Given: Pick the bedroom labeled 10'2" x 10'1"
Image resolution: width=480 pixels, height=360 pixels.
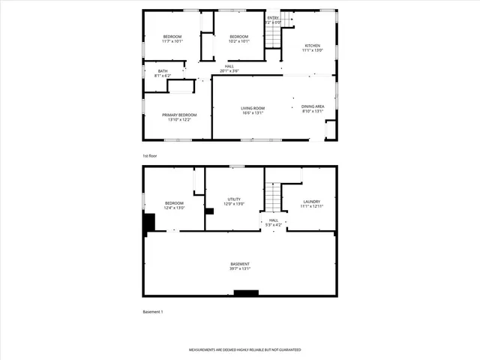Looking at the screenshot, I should click(x=238, y=39).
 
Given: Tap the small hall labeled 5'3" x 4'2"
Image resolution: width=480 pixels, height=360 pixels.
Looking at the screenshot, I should click(x=274, y=223).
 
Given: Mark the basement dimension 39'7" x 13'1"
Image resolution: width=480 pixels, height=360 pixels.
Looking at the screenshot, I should click(x=240, y=267).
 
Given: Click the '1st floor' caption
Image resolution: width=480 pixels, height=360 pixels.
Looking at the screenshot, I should click(x=150, y=155).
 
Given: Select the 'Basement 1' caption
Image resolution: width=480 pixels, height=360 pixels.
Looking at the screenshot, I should click(x=153, y=311).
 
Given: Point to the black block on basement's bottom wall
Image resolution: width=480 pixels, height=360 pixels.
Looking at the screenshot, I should click(x=246, y=293).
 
